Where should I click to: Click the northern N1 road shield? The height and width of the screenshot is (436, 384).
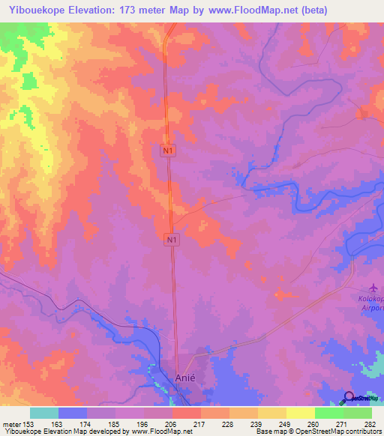point(169,151)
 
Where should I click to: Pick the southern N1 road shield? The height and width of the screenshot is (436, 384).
point(172,239)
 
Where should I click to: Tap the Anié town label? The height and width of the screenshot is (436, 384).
point(184,378)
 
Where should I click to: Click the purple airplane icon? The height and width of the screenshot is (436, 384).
point(373,288)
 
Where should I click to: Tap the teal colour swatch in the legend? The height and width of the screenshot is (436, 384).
point(43,413)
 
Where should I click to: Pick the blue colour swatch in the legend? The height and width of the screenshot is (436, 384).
point(72,413)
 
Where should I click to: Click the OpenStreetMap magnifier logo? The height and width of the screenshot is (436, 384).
point(348,397)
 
